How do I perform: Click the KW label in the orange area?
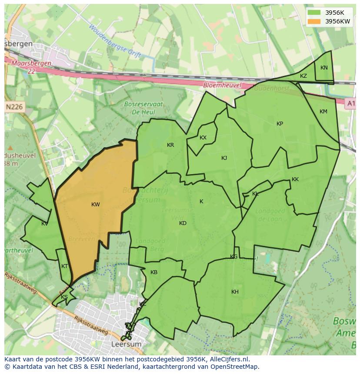point(96,205)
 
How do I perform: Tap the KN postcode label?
point(324,68)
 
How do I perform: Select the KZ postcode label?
point(303,76)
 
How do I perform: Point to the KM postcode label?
point(323,112)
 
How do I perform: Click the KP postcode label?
point(280,124)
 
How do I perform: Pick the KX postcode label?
point(203,138)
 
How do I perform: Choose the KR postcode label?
point(170,145)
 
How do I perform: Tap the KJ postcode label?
point(224,158)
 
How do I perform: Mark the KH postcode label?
point(235,292)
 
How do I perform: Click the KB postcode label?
point(154,272)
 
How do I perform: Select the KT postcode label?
point(64,266)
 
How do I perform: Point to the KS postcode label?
point(64,297)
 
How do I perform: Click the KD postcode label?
point(183,223)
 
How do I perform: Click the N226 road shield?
point(15,106)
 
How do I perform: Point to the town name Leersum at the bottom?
point(127,344)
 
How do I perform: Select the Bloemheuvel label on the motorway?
point(222,86)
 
